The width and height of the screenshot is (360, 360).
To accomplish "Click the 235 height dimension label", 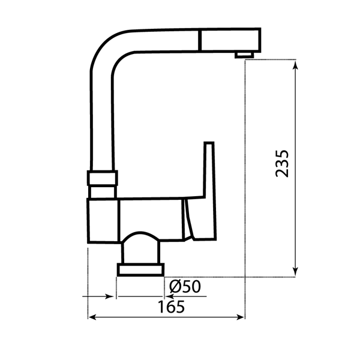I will point(283,163).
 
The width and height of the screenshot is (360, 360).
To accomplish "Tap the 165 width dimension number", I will point(172,306).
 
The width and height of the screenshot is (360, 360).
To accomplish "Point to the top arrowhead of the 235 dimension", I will point(295,64).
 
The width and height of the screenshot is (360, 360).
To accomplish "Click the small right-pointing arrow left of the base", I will point(109,296).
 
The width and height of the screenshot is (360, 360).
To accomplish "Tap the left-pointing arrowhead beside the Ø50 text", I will point(168,296).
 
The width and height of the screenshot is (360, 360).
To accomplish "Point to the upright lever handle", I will point(208,171).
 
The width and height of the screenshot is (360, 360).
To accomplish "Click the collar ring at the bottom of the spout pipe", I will point(103,178).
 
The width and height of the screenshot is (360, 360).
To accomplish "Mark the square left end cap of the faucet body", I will point(103,221).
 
